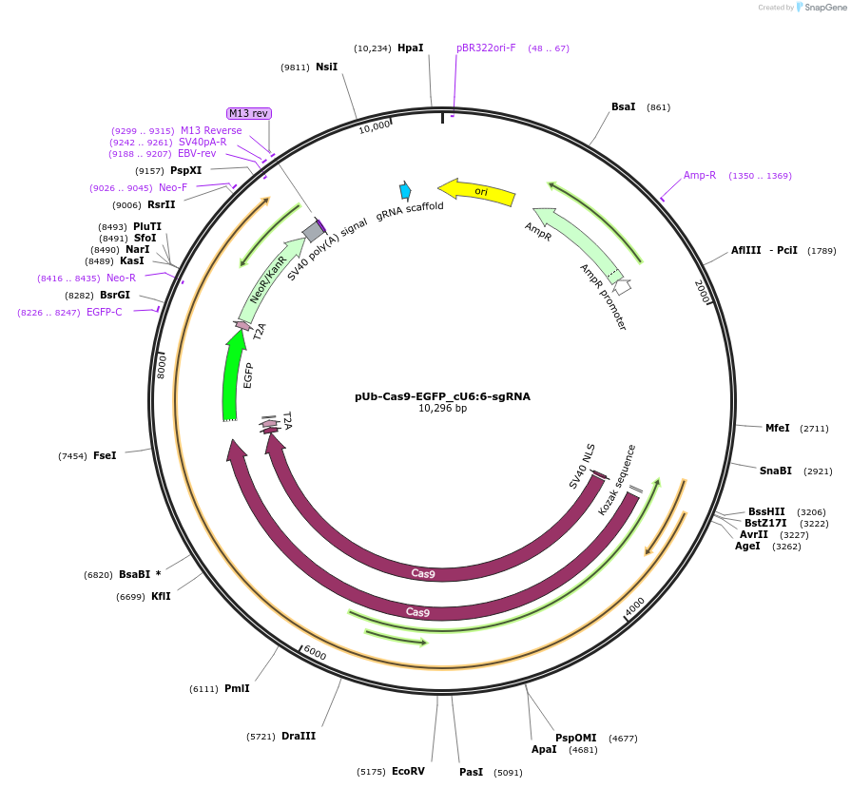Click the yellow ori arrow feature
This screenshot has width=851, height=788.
click(x=478, y=192)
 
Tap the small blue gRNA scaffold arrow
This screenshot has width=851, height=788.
click(x=405, y=191)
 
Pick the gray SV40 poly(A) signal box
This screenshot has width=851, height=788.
click(x=313, y=231)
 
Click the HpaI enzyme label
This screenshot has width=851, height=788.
click(x=410, y=48)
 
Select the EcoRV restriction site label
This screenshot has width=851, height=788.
click(x=408, y=771)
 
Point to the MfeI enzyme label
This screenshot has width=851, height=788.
click(x=777, y=428)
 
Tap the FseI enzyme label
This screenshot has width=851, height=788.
click(x=105, y=456)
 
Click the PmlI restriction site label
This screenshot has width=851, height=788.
click(x=237, y=689)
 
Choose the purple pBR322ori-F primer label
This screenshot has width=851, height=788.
click(x=486, y=48)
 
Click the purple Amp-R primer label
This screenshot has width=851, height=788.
click(x=700, y=175)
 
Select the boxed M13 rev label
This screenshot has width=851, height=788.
click(x=249, y=113)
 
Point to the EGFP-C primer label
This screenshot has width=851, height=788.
click(x=105, y=312)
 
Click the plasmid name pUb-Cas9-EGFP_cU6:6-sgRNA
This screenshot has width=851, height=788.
click(x=442, y=396)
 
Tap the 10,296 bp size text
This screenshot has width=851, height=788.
click(x=442, y=409)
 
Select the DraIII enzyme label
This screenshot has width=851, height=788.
click(x=299, y=736)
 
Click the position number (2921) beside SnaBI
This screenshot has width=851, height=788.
click(x=818, y=471)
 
